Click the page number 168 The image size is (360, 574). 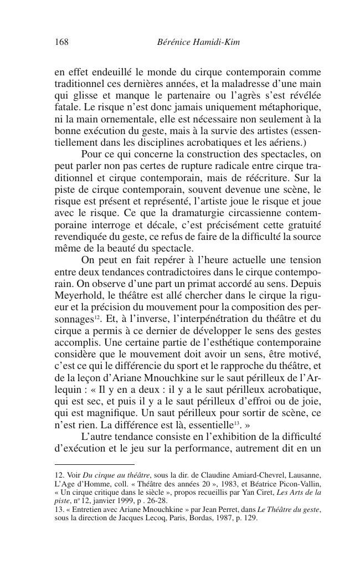click(61, 42)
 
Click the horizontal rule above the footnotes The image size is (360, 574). click(94, 464)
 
